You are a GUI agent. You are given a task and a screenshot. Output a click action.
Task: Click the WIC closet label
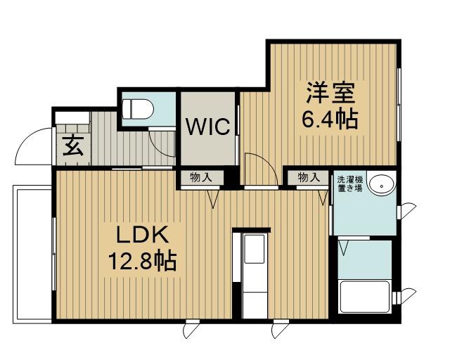pyautogui.click(x=208, y=127)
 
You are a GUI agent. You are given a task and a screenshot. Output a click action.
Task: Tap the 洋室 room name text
pyautogui.click(x=329, y=93)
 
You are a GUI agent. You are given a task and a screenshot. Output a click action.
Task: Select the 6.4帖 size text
pyautogui.click(x=329, y=117)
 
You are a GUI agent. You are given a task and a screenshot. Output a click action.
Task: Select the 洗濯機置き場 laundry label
pyautogui.click(x=349, y=185)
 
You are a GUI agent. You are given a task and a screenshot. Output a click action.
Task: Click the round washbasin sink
pyautogui.click(x=382, y=186)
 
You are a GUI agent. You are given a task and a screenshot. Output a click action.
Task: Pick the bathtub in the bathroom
pyautogui.click(x=364, y=297)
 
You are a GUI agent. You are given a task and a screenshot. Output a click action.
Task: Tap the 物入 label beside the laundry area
pyautogui.click(x=308, y=177)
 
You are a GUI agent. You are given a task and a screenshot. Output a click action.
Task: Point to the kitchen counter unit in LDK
pyautogui.click(x=252, y=274)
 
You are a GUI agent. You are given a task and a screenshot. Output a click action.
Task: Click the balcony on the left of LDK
pyautogui.click(x=32, y=253)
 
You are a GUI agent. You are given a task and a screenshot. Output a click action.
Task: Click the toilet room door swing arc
pyautogui.click(x=163, y=143)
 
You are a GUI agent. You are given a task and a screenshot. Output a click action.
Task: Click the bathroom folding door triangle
pyautogui.click(x=345, y=248)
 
